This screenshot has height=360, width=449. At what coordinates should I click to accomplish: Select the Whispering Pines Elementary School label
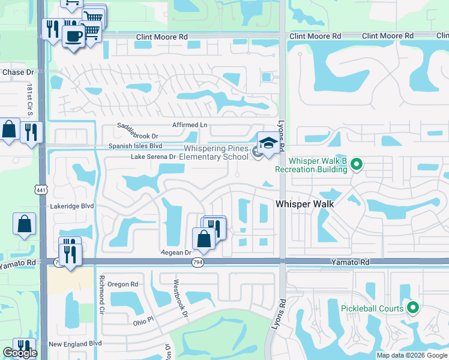point(213,152)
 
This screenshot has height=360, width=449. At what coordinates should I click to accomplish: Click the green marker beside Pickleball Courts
point(412,308)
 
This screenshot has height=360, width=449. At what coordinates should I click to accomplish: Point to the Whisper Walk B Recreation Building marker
point(356,164)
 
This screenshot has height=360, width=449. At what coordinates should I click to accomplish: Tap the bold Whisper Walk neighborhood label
point(304,204)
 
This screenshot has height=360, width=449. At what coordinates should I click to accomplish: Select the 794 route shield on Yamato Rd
point(197,262)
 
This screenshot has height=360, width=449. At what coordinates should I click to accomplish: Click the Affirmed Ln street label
point(189,125)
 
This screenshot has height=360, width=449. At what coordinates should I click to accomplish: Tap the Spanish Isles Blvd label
point(135,146)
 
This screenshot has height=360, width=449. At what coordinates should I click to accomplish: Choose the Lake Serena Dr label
point(153,157)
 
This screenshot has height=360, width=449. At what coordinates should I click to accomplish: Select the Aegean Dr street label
point(175,253)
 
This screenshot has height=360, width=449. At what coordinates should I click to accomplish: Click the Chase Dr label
point(14,73)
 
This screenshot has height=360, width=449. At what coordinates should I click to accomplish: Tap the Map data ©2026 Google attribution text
point(412,355)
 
